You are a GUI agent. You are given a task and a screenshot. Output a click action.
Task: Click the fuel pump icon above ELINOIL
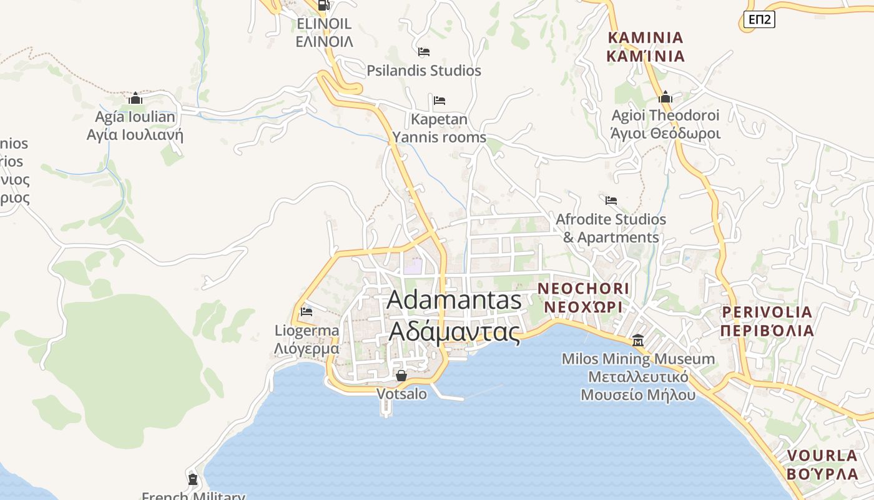pyautogui.click(x=323, y=5)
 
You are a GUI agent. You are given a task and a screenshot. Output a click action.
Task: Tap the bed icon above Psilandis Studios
pyautogui.click(x=424, y=52)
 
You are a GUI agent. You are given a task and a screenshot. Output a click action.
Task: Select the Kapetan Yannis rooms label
pyautogui.click(x=439, y=128)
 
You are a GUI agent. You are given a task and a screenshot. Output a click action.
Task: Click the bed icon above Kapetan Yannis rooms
pyautogui.click(x=439, y=100)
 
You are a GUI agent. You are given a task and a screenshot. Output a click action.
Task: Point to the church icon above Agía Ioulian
pyautogui.click(x=135, y=98)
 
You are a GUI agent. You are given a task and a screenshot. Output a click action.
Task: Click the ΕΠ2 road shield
pyautogui.click(x=759, y=19)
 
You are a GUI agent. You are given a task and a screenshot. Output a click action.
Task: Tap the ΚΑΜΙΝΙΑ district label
pyautogui.click(x=646, y=47)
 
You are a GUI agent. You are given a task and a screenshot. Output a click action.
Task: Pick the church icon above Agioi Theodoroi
pyautogui.click(x=665, y=97)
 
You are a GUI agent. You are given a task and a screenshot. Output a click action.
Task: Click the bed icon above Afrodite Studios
pyautogui.click(x=611, y=201)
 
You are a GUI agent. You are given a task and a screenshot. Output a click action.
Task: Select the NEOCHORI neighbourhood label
pyautogui.click(x=584, y=297)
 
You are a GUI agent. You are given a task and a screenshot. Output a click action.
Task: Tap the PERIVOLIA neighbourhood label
pyautogui.click(x=767, y=321)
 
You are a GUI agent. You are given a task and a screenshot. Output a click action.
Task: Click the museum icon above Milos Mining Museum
pyautogui.click(x=638, y=341)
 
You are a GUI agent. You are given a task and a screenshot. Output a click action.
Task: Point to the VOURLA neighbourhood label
pyautogui.click(x=822, y=464)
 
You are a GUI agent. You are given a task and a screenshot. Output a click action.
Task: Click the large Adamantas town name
pyautogui.click(x=454, y=315)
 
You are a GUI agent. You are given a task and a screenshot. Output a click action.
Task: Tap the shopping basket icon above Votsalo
pyautogui.click(x=401, y=376)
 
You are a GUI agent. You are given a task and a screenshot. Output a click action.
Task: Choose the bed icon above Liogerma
pyautogui.click(x=307, y=311)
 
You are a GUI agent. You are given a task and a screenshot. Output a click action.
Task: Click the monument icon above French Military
pyautogui.click(x=193, y=479)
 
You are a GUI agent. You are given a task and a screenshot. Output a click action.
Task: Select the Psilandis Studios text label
pyautogui.click(x=424, y=71)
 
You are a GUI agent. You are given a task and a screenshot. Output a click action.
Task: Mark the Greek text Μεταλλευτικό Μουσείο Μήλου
pyautogui.click(x=638, y=386)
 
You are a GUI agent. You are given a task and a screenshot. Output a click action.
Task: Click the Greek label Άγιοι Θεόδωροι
pyautogui.click(x=665, y=134)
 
